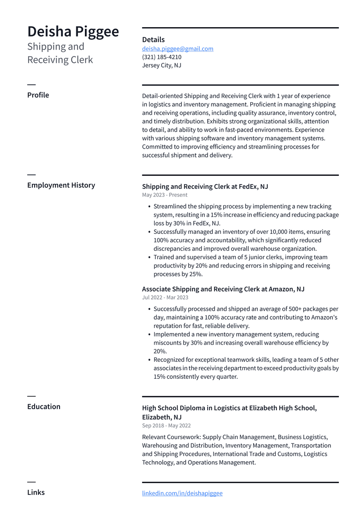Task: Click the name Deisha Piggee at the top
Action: pos(73,31)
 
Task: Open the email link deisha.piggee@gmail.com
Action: pos(178,49)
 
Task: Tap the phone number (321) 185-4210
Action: pos(162,57)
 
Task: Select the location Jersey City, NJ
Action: pos(162,66)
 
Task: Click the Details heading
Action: pos(153,40)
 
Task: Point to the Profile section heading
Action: pos(38,95)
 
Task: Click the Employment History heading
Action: pos(61,185)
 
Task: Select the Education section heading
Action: pos(44,407)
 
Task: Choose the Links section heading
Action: pos(36,493)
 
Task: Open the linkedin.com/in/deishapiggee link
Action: pos(182,493)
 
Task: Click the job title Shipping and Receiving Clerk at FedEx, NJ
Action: pos(205,187)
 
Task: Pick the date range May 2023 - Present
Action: pos(165,195)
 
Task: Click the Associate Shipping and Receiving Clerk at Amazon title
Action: pos(223,289)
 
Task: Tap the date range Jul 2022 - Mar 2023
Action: pos(165,298)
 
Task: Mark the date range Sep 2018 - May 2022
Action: pos(166,426)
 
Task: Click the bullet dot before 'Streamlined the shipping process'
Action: pos(149,207)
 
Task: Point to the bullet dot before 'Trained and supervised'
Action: pos(149,257)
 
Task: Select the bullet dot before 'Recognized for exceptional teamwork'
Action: pos(149,360)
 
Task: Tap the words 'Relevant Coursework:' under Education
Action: pos(171,437)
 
